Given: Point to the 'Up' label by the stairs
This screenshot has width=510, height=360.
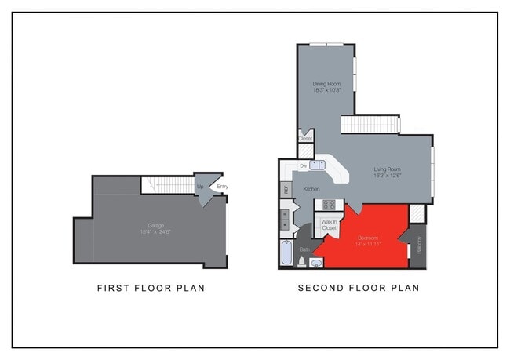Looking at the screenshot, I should (x=200, y=187).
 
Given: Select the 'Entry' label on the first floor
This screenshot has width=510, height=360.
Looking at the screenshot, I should (x=222, y=187).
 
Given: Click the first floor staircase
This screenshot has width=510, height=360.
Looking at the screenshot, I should (x=167, y=184).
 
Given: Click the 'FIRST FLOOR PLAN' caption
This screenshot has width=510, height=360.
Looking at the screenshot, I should (x=151, y=288).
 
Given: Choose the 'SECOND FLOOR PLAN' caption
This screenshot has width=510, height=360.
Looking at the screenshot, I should (x=358, y=288).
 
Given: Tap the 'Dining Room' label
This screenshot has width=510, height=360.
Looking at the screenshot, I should (x=326, y=83).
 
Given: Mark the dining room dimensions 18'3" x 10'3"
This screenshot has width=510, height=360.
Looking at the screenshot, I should (x=326, y=89).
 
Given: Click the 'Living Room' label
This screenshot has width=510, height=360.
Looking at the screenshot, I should (x=388, y=169).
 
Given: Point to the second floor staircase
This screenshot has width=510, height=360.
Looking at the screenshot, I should (x=369, y=124).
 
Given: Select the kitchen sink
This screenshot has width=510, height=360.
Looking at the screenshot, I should (x=317, y=165).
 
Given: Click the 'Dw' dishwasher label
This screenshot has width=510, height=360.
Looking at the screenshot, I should (x=303, y=166).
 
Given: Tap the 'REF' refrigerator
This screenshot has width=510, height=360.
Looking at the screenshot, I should (x=286, y=189).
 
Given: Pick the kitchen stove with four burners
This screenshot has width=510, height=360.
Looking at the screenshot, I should (x=330, y=205).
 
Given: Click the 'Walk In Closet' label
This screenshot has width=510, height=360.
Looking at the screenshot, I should (x=330, y=225).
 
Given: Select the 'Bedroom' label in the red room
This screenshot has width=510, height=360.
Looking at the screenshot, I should (x=369, y=237).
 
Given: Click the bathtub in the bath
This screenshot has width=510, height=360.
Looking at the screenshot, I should (x=286, y=255).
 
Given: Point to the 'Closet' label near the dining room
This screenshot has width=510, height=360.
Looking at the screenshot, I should (x=304, y=139).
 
